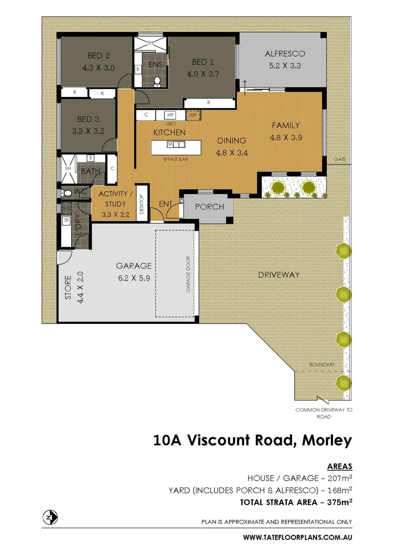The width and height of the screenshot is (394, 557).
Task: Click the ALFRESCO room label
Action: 285,54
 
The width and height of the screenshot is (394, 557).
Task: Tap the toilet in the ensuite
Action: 158,80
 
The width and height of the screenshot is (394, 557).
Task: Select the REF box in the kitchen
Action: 193,116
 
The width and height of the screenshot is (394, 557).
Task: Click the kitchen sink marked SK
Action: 170,145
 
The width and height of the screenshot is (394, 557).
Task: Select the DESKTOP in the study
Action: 142,205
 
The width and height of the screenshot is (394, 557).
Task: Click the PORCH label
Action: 209,207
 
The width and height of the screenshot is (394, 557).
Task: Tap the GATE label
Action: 339,159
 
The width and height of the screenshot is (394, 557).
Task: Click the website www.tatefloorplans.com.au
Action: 298,537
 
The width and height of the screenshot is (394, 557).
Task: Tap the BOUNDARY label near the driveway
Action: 322,365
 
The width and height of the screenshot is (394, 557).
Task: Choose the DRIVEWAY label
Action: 278,275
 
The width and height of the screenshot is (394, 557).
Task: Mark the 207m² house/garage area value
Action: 338,479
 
